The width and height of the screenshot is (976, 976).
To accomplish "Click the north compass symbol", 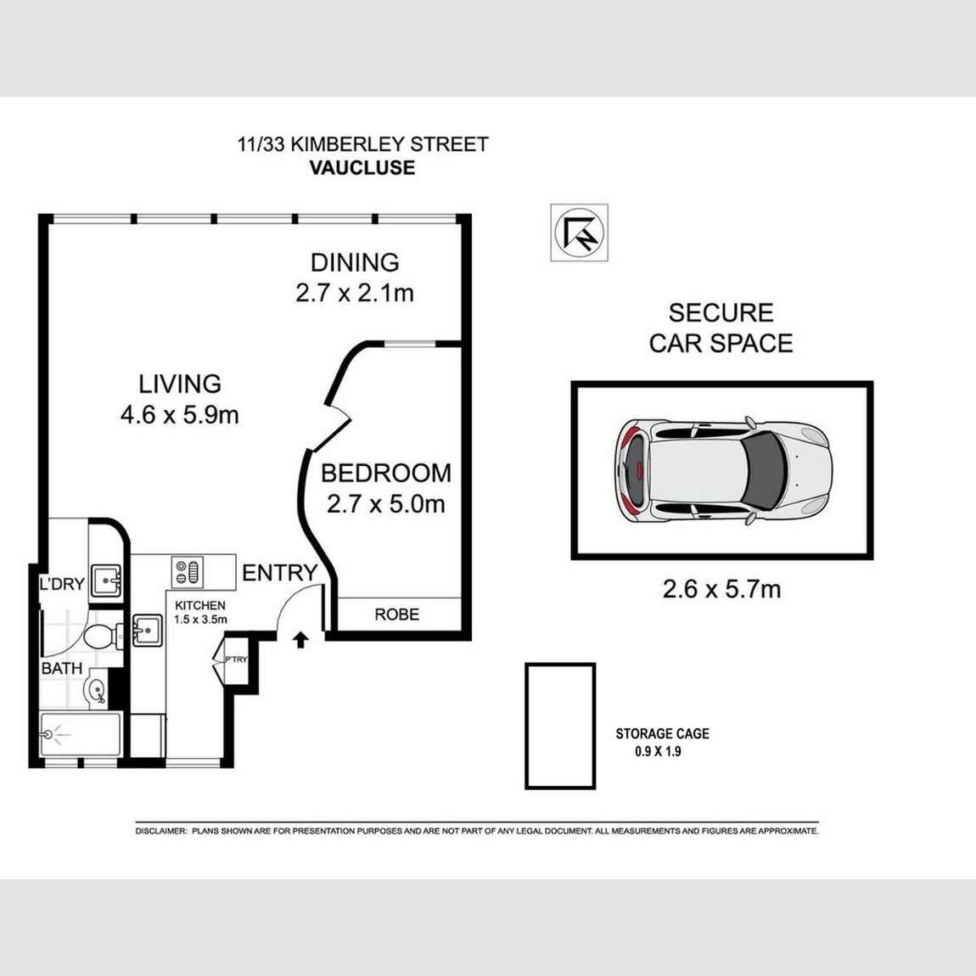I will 579,233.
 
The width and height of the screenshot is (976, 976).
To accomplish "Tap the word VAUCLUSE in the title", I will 362,167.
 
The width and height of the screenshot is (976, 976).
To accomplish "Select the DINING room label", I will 354,262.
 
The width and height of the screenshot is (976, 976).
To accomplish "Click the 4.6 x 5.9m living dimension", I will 180,415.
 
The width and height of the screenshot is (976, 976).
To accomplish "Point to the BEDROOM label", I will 385,473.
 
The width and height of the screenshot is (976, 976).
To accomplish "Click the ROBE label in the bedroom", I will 396,614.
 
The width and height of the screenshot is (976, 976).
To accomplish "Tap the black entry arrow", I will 300,640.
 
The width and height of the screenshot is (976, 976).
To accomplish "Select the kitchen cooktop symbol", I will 186,571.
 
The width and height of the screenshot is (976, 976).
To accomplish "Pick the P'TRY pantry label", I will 235,659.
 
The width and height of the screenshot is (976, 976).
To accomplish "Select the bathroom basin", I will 98,690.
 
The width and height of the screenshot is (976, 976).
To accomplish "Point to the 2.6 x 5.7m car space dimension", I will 721,588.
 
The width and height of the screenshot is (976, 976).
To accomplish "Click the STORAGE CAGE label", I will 662,733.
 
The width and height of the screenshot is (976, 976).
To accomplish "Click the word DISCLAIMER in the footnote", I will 160,832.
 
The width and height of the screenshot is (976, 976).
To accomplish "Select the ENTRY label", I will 279,573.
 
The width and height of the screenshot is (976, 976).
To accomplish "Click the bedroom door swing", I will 338,411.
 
